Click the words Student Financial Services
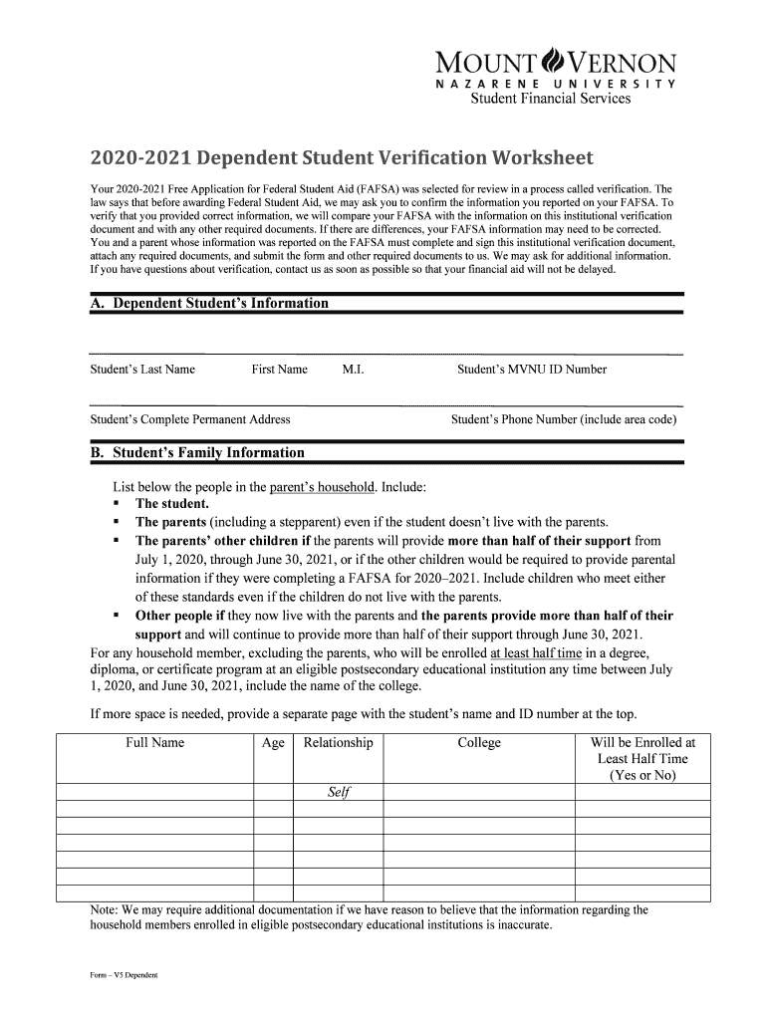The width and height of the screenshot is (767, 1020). pos(558,99)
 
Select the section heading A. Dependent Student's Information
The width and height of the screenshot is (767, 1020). pos(209,303)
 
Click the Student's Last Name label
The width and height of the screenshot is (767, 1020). pos(142,370)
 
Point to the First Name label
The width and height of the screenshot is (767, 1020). pos(279,370)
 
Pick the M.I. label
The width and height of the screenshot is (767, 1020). pos(353,370)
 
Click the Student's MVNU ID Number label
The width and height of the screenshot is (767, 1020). pos(532,370)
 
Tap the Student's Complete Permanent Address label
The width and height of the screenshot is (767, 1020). pos(190,420)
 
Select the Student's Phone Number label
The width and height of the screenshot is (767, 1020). pos(564,420)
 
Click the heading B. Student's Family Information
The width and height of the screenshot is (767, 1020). pos(197,453)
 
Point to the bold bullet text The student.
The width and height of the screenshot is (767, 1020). pos(171,504)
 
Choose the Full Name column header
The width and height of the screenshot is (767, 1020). pos(154,743)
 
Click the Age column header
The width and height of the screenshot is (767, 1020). pos(273,743)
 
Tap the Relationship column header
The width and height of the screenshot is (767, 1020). pos(338,743)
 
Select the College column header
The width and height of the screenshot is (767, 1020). pos(479,743)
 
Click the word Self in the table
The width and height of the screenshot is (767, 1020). pos(339,793)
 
